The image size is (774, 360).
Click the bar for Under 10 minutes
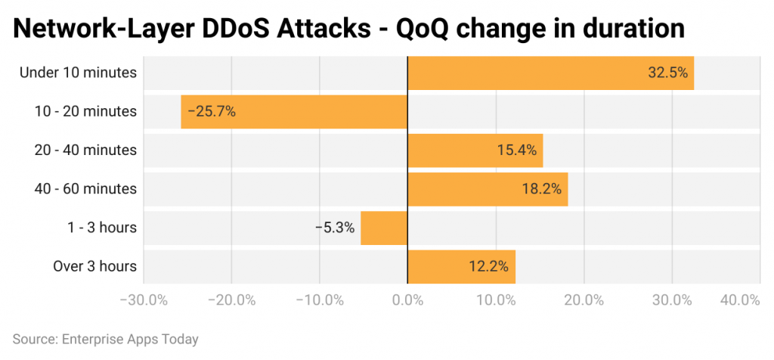(x=550, y=73)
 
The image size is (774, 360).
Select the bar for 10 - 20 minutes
(x=294, y=111)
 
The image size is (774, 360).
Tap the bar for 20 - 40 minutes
(x=475, y=151)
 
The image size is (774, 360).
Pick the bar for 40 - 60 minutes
(x=488, y=189)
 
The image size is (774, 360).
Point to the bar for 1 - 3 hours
(x=384, y=228)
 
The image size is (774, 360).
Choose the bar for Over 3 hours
(x=461, y=266)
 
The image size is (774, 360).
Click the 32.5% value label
(x=667, y=73)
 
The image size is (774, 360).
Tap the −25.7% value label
(x=212, y=111)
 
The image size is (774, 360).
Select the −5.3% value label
(x=335, y=228)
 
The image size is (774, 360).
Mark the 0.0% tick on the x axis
(x=407, y=299)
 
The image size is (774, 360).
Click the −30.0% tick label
(x=143, y=299)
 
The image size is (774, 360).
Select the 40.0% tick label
(x=740, y=299)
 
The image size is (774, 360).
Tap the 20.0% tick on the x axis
(x=584, y=299)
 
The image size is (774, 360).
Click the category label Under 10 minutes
(x=78, y=73)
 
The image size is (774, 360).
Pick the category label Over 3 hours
(x=94, y=266)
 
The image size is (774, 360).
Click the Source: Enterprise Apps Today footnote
(x=106, y=339)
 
